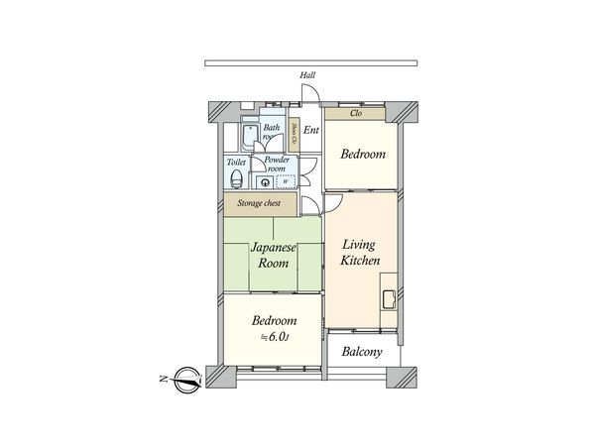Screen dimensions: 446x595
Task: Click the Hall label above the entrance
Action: [x=308, y=75]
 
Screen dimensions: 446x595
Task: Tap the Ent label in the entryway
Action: [x=310, y=130]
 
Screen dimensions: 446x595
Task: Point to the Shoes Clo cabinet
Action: [x=295, y=135]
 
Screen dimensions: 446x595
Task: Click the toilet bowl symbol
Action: [x=236, y=180]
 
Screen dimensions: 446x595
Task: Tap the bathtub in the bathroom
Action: [x=248, y=138]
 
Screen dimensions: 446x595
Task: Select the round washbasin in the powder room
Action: [x=264, y=182]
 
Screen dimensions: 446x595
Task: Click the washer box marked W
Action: [x=285, y=181]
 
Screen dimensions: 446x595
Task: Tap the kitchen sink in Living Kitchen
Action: [x=388, y=299]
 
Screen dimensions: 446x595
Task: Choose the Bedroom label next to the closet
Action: [x=362, y=155]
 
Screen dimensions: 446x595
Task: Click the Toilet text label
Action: [x=236, y=162]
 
